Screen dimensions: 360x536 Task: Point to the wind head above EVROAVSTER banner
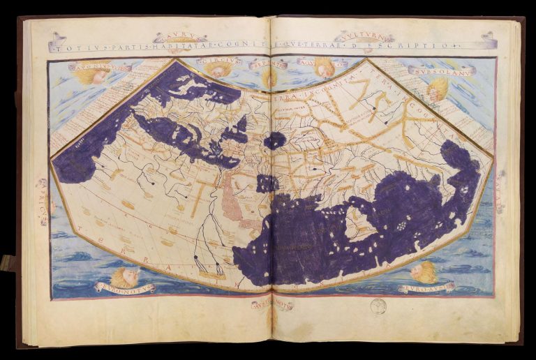coord(424,271)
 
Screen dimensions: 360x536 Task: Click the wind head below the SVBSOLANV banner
coord(438,88)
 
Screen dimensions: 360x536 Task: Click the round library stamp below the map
coord(378,306)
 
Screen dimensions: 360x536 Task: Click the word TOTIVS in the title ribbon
coord(68,47)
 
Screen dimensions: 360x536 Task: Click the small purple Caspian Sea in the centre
coord(274,140)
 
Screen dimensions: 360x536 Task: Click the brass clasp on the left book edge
coord(7,262)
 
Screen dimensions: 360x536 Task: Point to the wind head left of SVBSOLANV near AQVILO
coord(323,67)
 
